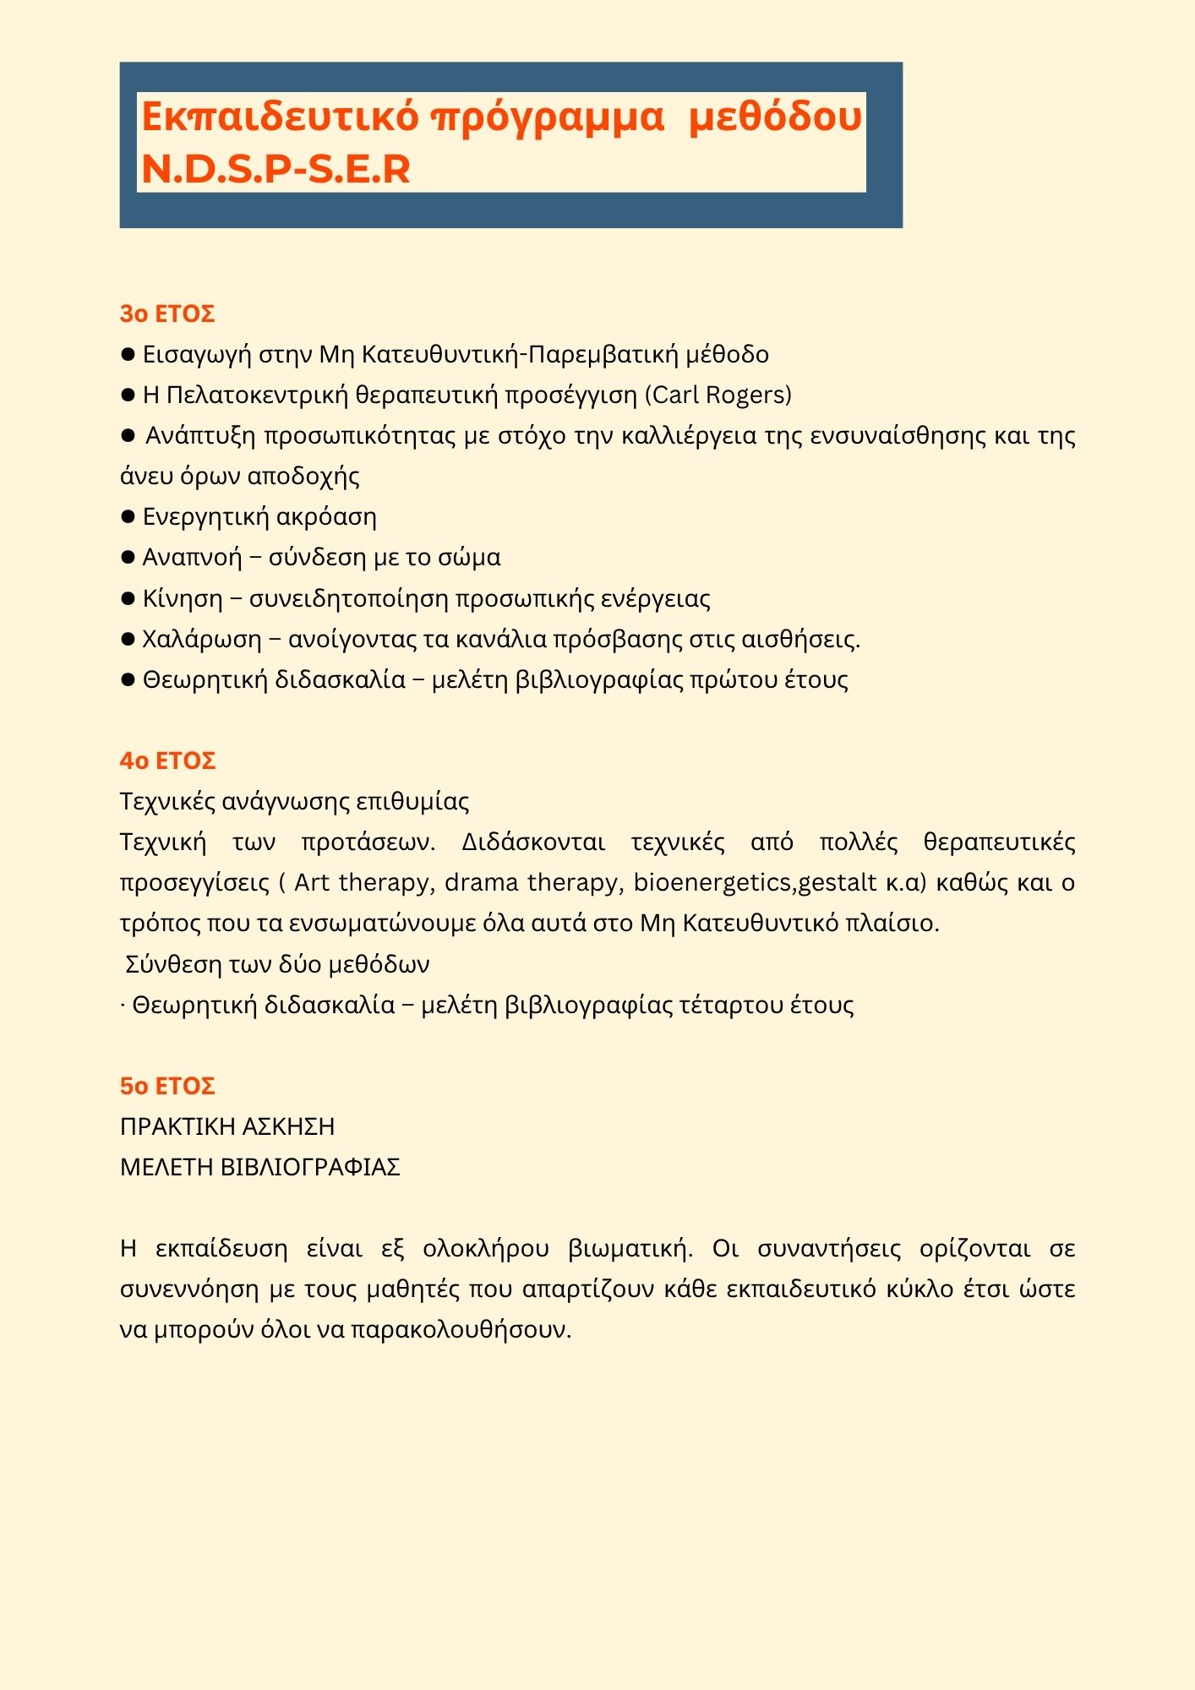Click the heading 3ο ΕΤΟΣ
click(x=167, y=313)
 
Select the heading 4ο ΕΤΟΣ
click(x=167, y=760)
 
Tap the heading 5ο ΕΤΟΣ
click(x=167, y=1086)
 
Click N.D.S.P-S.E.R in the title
click(x=276, y=169)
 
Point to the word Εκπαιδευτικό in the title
click(x=279, y=117)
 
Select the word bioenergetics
click(x=712, y=882)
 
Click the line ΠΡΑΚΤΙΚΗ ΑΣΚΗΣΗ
click(x=227, y=1126)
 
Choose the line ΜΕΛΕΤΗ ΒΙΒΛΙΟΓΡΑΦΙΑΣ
click(x=259, y=1167)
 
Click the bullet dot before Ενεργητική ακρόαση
click(x=128, y=516)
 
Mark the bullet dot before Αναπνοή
click(x=128, y=558)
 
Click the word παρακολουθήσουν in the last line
click(x=461, y=1329)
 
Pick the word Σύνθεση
click(x=172, y=964)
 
